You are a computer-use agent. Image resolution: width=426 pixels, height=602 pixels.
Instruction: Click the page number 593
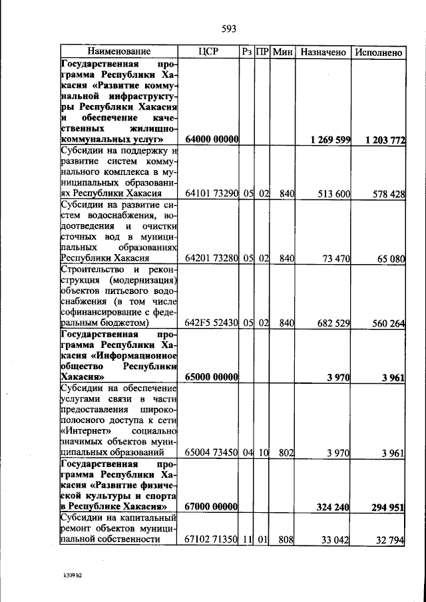pos(229,29)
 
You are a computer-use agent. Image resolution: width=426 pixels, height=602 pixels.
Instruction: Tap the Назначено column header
pos(323,51)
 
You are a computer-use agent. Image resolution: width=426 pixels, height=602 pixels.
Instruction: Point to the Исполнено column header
pos(379,51)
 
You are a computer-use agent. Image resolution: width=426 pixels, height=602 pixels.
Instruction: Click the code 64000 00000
pos(212,140)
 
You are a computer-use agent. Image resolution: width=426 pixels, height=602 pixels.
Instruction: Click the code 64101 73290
pos(212,194)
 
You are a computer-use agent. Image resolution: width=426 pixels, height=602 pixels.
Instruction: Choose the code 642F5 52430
pos(212,323)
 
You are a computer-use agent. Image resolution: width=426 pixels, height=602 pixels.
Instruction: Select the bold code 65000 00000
pos(212,377)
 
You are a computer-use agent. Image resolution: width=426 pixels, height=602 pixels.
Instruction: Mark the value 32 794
pos(391,539)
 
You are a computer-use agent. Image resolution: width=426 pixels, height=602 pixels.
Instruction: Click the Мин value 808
pos(286,539)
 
